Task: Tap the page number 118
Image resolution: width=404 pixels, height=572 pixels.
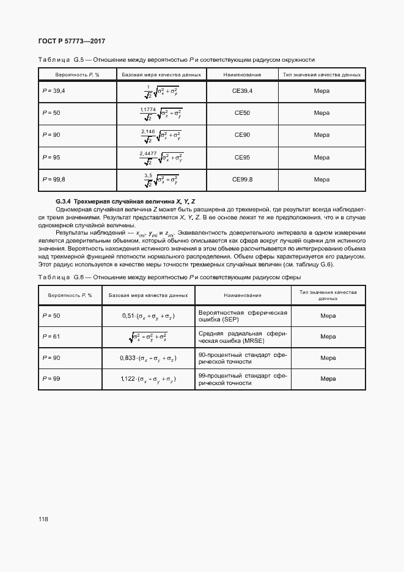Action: click(43, 519)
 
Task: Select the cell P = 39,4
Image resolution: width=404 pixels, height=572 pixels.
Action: click(54, 91)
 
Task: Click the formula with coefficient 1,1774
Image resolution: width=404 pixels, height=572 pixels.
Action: click(161, 113)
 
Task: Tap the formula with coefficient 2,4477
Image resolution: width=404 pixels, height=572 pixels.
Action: click(161, 157)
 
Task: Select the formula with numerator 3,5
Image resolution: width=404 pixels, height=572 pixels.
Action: click(161, 179)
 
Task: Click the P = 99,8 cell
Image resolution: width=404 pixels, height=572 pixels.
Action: click(54, 179)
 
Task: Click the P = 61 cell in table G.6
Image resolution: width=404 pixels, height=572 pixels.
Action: click(51, 336)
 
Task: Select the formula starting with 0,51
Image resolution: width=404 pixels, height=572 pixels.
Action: click(148, 315)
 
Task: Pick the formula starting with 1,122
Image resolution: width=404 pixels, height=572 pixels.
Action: click(148, 379)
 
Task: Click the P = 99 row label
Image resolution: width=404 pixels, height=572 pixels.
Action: click(51, 379)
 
